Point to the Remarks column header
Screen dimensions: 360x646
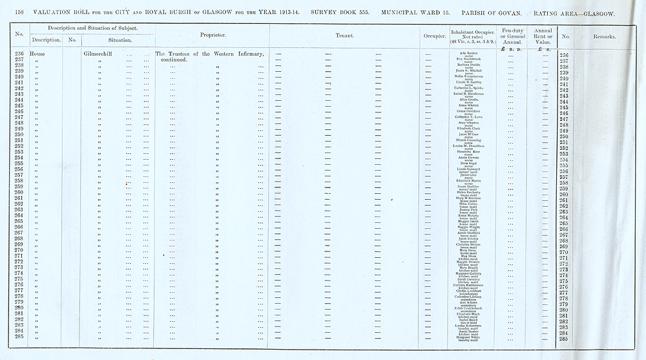[x=605, y=36]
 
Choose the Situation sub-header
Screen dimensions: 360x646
[x=110, y=40]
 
